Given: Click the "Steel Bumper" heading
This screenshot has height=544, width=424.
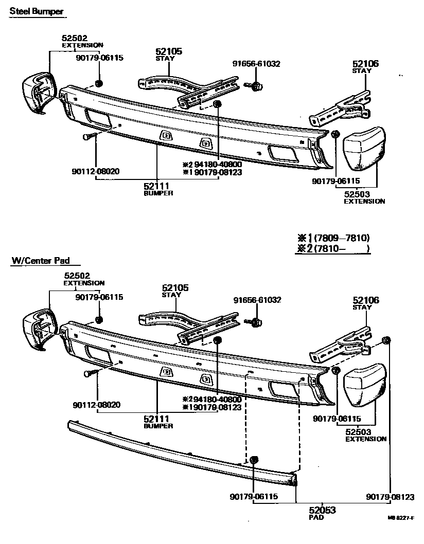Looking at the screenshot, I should [37, 11].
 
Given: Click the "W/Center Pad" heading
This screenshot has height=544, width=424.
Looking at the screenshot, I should [40, 261].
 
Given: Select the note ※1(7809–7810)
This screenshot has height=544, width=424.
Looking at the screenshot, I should [333, 238].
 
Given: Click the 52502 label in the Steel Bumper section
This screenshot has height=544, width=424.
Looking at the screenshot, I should [74, 38].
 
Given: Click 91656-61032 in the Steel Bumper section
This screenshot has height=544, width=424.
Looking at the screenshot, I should [256, 64].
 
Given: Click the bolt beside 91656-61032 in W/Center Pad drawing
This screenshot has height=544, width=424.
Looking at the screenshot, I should [255, 323].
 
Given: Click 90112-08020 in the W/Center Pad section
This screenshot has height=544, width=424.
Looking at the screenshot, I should [96, 405].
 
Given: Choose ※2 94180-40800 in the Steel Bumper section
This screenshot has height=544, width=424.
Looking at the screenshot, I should [212, 165].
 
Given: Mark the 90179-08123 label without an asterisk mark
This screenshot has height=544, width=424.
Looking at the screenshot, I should [391, 497].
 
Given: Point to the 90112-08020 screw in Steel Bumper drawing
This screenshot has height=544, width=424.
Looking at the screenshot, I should [88, 137].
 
